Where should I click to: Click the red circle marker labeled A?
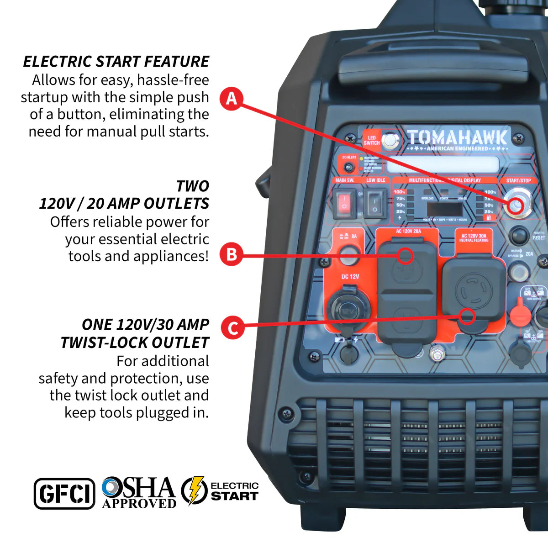click(232, 99)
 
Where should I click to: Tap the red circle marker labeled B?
click(232, 254)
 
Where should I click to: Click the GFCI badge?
click(64, 494)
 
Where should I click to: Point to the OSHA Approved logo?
click(139, 493)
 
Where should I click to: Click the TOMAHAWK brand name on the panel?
click(457, 137)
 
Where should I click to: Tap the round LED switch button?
click(390, 141)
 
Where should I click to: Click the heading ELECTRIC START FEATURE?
click(116, 62)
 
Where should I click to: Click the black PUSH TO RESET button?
click(518, 236)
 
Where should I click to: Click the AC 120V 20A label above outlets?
click(408, 232)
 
